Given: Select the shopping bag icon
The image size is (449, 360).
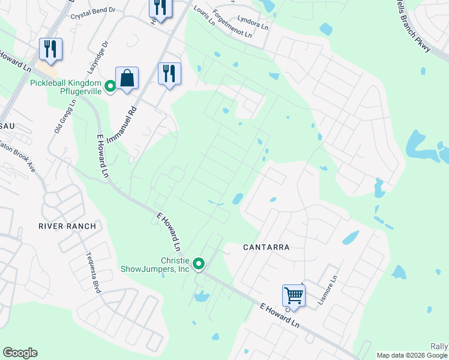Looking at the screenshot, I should [127, 78].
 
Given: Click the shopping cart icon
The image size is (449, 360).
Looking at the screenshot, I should [294, 295].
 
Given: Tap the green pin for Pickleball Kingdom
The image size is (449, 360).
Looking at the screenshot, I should [110, 87].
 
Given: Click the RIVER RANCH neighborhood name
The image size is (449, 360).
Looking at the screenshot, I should [67, 226].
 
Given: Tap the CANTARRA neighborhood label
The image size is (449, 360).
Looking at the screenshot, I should [266, 247].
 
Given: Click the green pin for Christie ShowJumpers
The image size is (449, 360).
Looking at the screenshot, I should [199, 263].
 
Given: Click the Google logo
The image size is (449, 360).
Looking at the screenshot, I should [20, 353].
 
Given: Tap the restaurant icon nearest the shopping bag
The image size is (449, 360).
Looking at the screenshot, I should [169, 74].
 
